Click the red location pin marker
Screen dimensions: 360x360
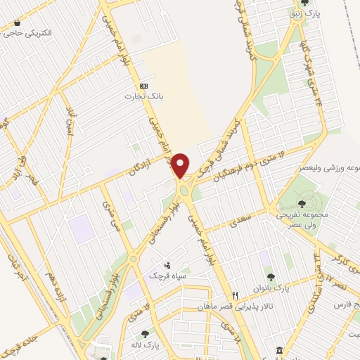181,166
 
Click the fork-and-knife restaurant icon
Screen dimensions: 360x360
236,295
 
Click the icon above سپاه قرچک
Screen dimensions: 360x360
167,265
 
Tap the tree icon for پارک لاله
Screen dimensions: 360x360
145,334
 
